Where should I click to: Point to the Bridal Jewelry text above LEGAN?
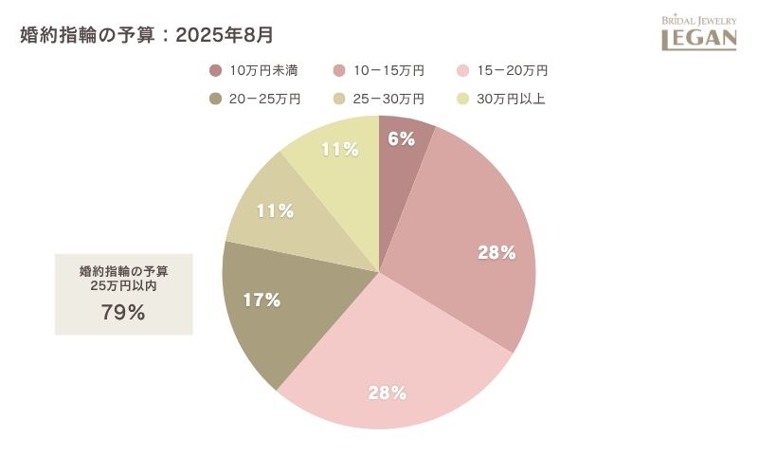[698, 19]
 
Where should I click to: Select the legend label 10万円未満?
[264, 70]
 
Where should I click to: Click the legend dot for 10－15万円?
[339, 70]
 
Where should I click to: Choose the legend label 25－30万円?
[389, 99]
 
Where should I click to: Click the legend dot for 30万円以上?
[463, 99]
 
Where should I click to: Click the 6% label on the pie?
[402, 138]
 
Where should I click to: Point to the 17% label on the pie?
[262, 301]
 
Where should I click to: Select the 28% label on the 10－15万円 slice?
[496, 253]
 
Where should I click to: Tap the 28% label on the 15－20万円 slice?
[388, 392]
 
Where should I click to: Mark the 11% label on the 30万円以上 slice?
[339, 149]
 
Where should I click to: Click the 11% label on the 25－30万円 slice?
[275, 210]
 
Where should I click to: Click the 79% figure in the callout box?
[123, 313]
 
